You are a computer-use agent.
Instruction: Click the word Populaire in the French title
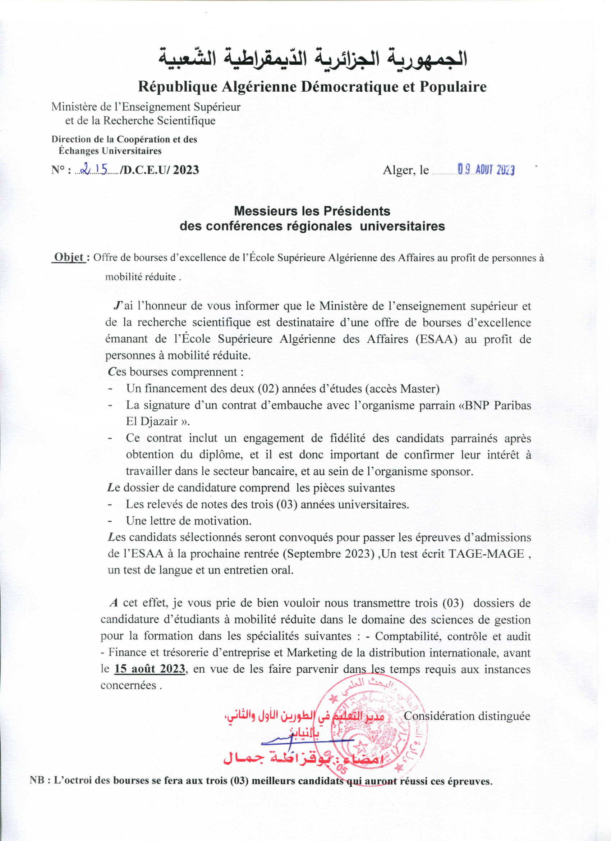453,87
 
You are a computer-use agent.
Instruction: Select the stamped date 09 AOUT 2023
486,170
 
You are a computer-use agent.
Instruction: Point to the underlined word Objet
69,257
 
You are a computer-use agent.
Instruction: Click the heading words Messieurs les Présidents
312,211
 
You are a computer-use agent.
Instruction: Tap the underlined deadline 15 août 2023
150,668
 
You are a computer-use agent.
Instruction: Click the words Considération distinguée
467,716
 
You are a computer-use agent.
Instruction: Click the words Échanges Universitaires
110,151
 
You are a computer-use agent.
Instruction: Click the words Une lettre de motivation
189,521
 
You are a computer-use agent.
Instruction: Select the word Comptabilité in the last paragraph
408,636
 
